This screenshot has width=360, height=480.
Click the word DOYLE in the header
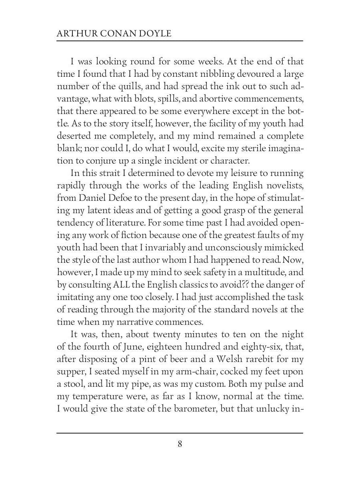coord(155,34)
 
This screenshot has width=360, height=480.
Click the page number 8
coord(180,444)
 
